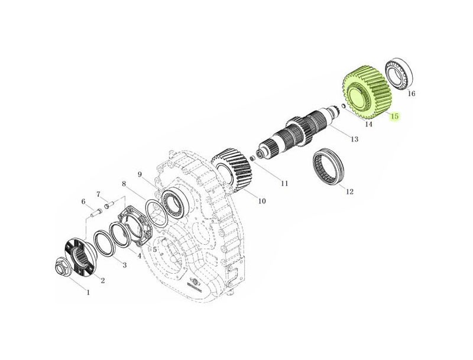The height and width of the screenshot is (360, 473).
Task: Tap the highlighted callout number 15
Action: (394, 116)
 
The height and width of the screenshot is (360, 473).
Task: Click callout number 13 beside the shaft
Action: (354, 139)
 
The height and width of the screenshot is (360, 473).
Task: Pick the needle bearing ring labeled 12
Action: (328, 166)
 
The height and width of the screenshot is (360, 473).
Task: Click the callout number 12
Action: (349, 192)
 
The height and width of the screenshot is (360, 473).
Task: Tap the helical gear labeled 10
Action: (232, 170)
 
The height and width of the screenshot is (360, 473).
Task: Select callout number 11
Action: (284, 183)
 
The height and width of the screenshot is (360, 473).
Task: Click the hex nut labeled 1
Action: (63, 267)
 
